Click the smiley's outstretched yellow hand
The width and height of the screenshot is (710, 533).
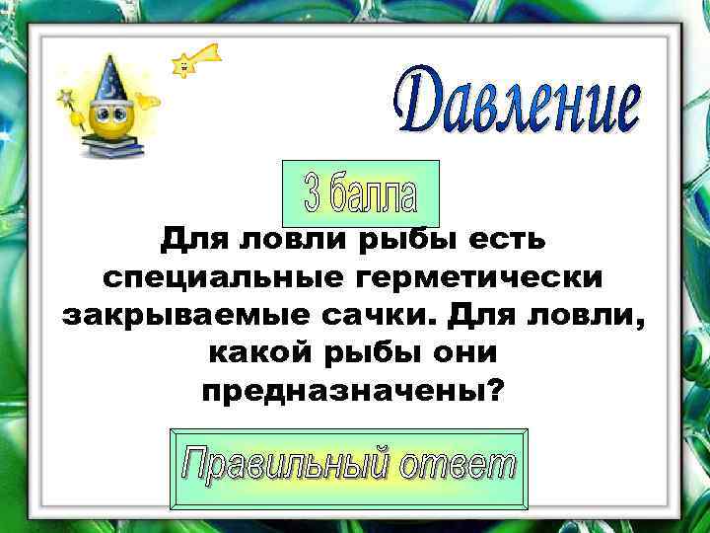[x=149, y=100]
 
